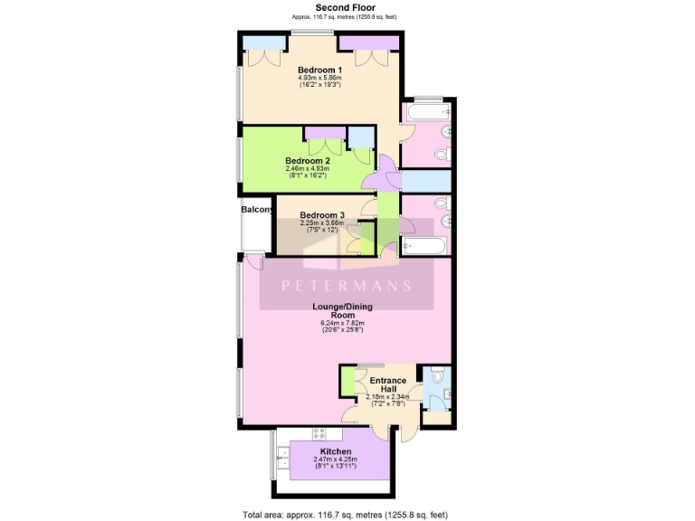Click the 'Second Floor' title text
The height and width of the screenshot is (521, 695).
click(345, 7)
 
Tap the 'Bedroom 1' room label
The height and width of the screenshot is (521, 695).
click(319, 70)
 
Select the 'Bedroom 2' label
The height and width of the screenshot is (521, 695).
click(307, 160)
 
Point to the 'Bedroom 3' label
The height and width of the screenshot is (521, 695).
click(322, 214)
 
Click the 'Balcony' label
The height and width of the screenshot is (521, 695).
click(257, 210)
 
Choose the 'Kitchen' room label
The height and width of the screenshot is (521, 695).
click(335, 450)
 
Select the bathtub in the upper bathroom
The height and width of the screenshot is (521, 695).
click(427, 112)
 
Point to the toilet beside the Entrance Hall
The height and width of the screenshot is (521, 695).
click(436, 376)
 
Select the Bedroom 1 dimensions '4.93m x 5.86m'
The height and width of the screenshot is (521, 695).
click(319, 79)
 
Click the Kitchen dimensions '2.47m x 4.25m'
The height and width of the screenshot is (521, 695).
click(335, 459)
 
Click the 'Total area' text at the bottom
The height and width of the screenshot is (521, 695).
click(345, 514)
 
